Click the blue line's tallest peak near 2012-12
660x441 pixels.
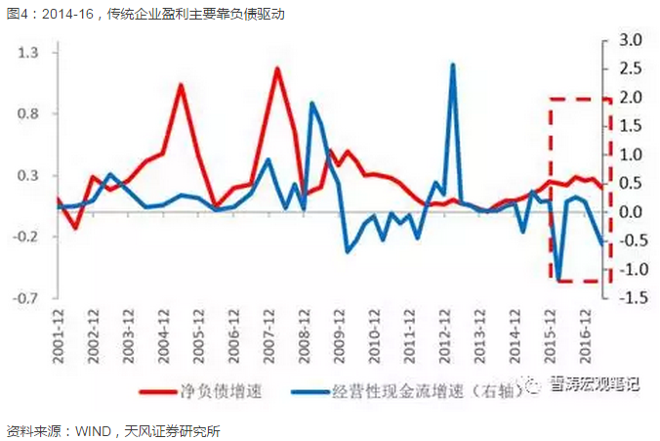pyautogui.click(x=453, y=65)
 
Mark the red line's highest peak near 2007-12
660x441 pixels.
pyautogui.click(x=277, y=68)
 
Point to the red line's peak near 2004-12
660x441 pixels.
pyautogui.click(x=182, y=84)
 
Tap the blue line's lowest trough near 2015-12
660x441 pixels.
pyautogui.click(x=559, y=280)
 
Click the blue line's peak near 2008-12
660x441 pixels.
pyautogui.click(x=312, y=103)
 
